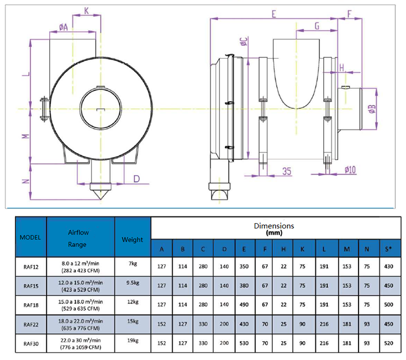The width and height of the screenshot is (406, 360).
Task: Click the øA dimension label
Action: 62,26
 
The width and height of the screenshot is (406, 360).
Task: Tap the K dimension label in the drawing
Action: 87,10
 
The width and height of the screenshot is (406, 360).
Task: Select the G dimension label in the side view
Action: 317,25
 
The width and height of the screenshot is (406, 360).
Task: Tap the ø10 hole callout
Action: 350,170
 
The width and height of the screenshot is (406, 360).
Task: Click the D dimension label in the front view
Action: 137,178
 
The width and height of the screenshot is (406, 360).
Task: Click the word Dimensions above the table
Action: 274,226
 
